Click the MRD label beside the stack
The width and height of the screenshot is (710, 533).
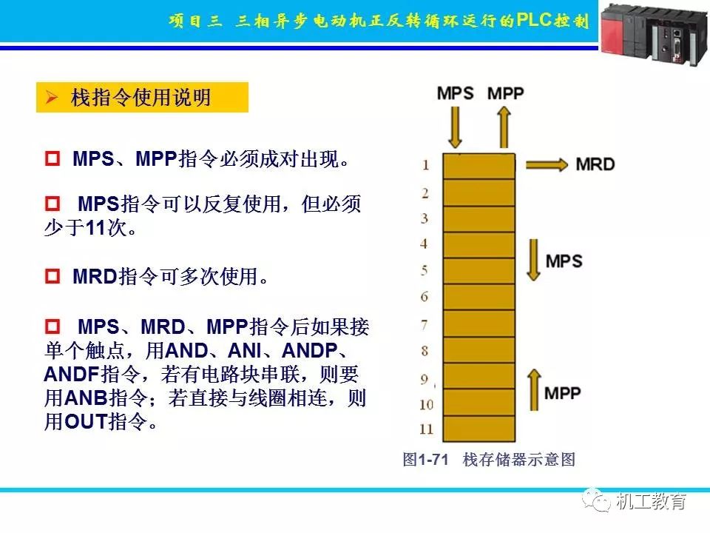click(595, 164)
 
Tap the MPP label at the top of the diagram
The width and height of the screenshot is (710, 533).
click(505, 93)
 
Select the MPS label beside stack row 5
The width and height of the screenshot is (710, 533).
click(564, 261)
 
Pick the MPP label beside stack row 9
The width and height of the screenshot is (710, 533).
click(564, 392)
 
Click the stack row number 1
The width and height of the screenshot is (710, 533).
click(425, 165)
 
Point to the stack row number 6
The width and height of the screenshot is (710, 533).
click(425, 297)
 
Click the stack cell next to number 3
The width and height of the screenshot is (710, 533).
click(479, 218)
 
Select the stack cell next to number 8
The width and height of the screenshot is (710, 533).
click(479, 350)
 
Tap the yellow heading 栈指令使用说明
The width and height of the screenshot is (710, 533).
click(141, 98)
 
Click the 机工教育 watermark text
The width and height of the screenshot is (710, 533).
click(651, 501)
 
